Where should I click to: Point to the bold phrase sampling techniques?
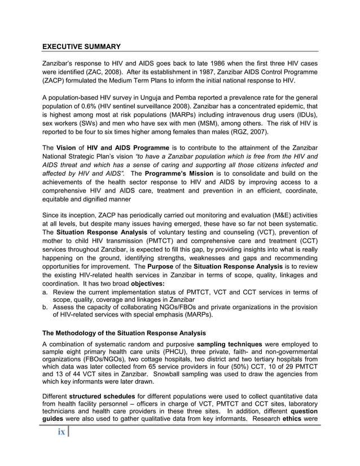pos(229,344)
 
